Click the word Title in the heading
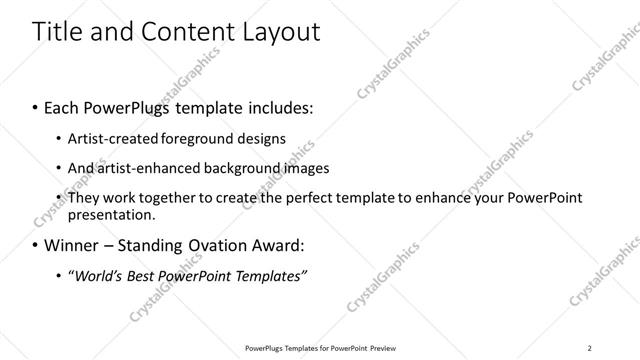tap(59, 32)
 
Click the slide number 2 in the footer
tap(590, 348)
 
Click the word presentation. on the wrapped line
tap(111, 214)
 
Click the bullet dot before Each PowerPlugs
tap(36, 105)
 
